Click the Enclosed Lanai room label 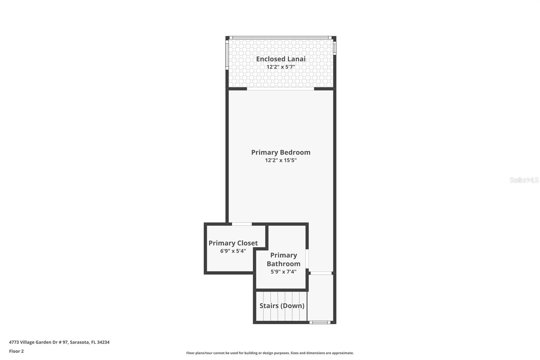[x=280, y=59]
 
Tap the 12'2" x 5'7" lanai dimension [x=280, y=67]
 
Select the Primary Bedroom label [x=280, y=152]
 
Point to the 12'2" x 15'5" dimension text [x=280, y=160]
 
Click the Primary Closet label [x=233, y=243]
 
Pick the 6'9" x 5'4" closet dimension [x=233, y=251]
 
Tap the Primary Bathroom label [x=283, y=259]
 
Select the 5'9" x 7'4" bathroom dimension [x=283, y=272]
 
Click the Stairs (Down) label [x=282, y=306]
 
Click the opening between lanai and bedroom [x=280, y=89]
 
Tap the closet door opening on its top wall [x=242, y=224]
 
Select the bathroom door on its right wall [x=307, y=259]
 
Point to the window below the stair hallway [x=320, y=323]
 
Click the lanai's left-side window [x=227, y=55]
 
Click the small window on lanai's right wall [x=334, y=47]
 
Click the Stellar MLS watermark [x=524, y=180]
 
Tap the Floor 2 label [x=16, y=351]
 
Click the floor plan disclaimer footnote [x=270, y=353]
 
